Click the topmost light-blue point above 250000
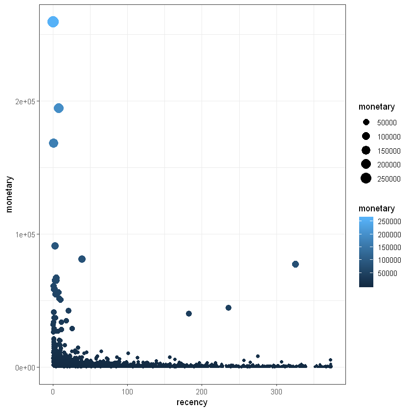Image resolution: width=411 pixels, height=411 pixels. [x=53, y=22]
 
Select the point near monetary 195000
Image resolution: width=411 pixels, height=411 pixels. [x=59, y=108]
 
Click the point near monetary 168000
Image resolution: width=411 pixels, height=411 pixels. [x=53, y=143]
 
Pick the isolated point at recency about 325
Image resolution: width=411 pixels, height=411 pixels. [x=295, y=264]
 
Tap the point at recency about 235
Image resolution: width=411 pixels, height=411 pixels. [x=228, y=308]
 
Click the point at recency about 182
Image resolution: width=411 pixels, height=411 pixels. [x=189, y=314]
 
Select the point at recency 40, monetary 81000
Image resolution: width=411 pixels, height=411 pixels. [x=82, y=259]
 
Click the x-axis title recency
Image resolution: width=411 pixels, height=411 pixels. [x=192, y=403]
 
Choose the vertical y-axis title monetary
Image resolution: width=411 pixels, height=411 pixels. [x=9, y=194]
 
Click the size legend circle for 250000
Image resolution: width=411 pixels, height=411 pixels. [x=366, y=179]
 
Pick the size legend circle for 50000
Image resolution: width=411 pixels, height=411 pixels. [x=366, y=122]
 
